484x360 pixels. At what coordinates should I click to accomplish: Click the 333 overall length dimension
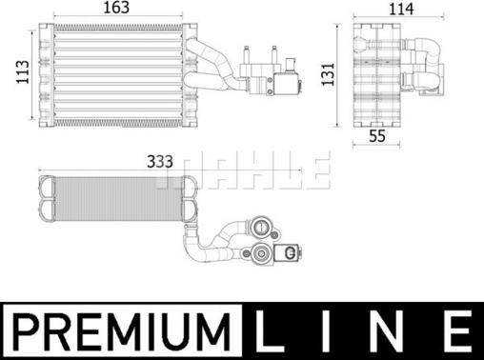click(x=159, y=161)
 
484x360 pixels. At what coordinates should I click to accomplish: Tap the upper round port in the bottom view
click(x=261, y=228)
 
